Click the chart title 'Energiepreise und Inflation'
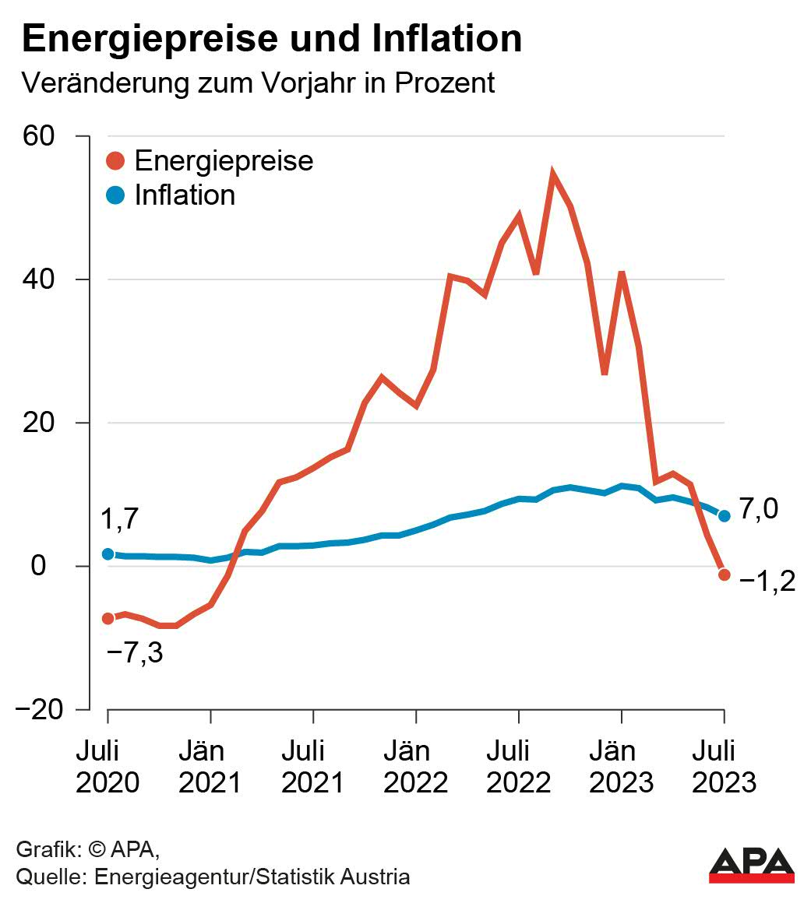[272, 39]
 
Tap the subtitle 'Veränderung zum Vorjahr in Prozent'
[258, 83]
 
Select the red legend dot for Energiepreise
[115, 161]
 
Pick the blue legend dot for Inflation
[115, 195]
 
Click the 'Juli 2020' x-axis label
[108, 767]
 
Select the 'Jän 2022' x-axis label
[416, 767]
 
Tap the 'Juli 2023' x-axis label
[724, 767]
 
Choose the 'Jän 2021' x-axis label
[210, 767]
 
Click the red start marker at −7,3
[108, 618]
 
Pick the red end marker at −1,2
[724, 574]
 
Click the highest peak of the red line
[552, 174]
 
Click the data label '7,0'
[758, 510]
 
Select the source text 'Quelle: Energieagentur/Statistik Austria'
[213, 877]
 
